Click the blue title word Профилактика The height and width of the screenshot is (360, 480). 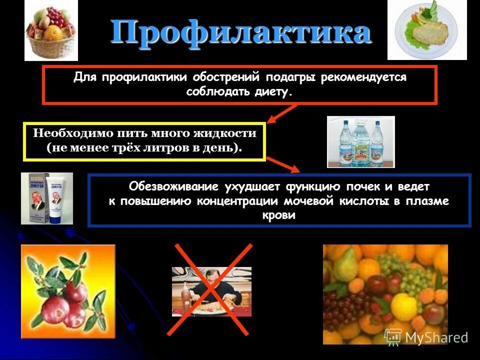(x=240, y=32)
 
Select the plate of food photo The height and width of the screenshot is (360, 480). (x=427, y=30)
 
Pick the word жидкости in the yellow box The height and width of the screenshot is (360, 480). (x=225, y=133)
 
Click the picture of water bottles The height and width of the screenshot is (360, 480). (x=360, y=141)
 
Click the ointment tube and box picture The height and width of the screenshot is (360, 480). (x=46, y=198)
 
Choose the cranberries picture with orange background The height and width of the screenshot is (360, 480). (x=68, y=291)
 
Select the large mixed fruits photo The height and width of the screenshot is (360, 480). (x=385, y=294)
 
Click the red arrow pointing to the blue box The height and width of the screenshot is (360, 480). (x=283, y=164)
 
